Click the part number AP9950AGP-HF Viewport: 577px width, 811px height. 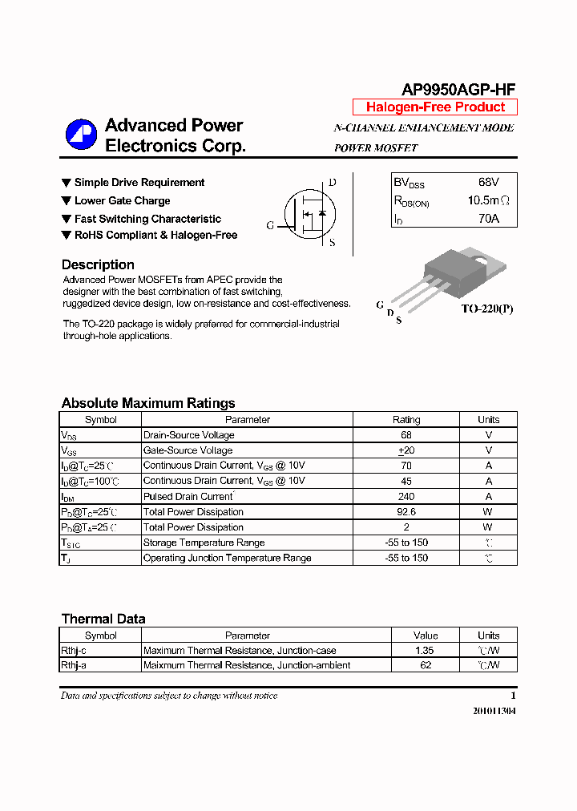pos(458,90)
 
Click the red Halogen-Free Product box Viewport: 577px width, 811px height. pos(435,107)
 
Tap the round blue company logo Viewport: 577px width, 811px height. pos(81,135)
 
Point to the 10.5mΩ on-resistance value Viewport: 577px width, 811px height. pos(488,200)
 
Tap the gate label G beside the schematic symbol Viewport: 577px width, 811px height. pos(271,226)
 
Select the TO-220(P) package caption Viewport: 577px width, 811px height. pos(486,309)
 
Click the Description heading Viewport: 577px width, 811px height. pos(98,264)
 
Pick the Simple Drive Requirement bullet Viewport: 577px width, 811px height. pos(139,183)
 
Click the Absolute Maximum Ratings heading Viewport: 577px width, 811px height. pos(148,403)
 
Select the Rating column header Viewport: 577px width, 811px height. pos(406,420)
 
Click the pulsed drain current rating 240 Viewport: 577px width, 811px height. pos(406,497)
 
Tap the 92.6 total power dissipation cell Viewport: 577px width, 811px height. pos(406,512)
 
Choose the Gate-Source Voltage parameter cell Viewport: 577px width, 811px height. pos(188,450)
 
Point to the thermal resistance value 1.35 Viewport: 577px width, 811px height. pos(426,651)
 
